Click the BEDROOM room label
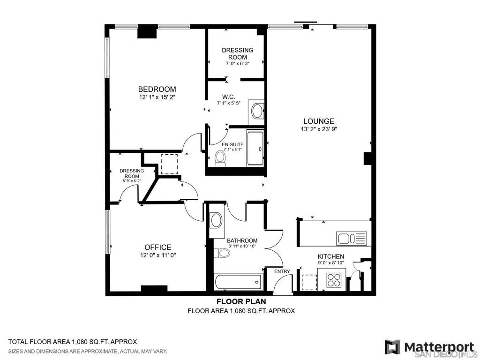pos(157,90)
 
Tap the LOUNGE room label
pos(319,121)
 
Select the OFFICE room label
pos(157,247)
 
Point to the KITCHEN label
pos(330,256)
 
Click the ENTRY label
pos(282,271)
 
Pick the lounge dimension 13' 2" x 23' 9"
pos(319,129)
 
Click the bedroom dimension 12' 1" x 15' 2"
pos(157,97)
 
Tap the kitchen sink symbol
pos(352,238)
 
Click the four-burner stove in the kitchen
pos(333,280)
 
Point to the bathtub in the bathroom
pos(238,282)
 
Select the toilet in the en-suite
pos(220,158)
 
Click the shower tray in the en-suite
pos(255,149)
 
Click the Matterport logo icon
pos(392,346)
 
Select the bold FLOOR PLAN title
pos(241,301)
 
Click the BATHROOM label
pos(242,240)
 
